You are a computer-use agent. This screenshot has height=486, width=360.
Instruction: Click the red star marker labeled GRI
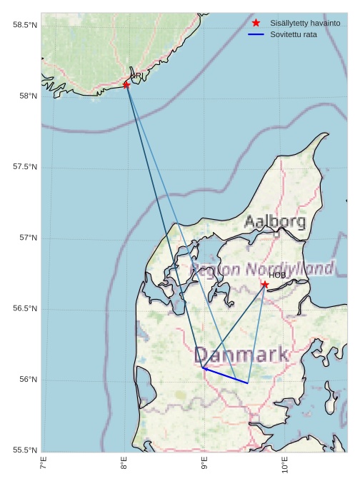click(x=126, y=85)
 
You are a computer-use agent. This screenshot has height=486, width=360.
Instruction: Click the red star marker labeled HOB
click(x=265, y=285)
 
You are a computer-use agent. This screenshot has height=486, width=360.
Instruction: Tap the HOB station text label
click(x=277, y=275)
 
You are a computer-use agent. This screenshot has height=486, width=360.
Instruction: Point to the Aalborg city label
click(x=275, y=222)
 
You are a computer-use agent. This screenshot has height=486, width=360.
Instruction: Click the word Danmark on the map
click(x=241, y=355)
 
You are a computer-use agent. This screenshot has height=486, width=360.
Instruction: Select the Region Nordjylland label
click(x=262, y=269)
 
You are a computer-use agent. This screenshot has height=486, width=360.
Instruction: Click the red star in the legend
click(x=256, y=23)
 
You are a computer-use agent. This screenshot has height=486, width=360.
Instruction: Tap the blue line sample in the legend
click(x=256, y=34)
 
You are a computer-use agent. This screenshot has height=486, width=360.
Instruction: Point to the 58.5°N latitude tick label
click(x=25, y=25)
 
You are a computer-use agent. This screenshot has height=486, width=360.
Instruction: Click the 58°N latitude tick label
click(x=28, y=96)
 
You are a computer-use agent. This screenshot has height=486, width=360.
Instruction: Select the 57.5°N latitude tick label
click(x=25, y=167)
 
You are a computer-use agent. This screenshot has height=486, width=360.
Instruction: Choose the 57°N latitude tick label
click(x=28, y=238)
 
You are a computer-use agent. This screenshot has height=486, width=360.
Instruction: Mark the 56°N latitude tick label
click(x=28, y=379)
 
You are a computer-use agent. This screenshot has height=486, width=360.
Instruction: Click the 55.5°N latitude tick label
click(x=25, y=450)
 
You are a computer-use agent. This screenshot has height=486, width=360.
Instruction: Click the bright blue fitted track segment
click(x=225, y=375)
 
